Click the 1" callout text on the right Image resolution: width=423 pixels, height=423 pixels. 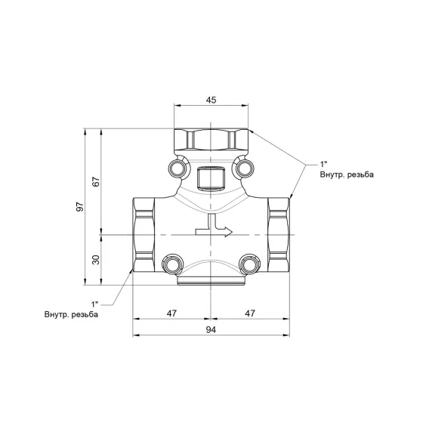325,164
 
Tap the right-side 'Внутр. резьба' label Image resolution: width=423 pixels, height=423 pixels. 347,174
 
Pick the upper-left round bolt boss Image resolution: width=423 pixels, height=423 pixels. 179,168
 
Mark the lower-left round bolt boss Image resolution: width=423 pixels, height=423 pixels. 171,264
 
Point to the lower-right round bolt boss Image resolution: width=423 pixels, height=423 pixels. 251,264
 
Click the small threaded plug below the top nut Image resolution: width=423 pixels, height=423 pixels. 211,178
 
